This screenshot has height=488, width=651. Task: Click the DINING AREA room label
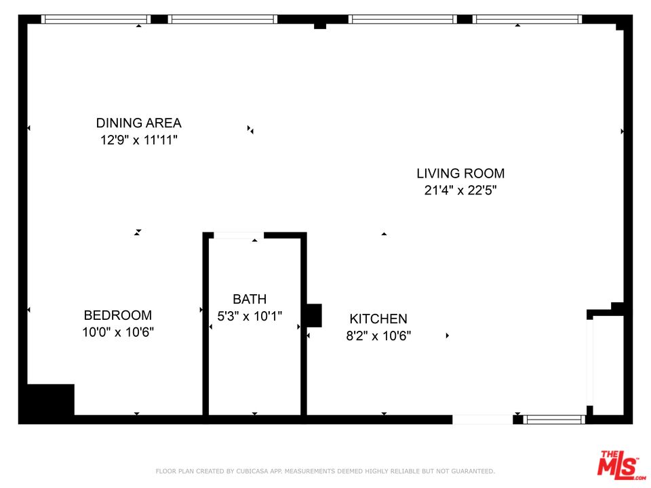pyautogui.click(x=138, y=123)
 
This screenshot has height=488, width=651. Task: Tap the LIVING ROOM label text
pyautogui.click(x=460, y=174)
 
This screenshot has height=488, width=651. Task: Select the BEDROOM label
pyautogui.click(x=117, y=315)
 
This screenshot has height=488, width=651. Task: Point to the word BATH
pyautogui.click(x=250, y=299)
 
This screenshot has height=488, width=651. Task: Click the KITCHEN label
pyautogui.click(x=378, y=319)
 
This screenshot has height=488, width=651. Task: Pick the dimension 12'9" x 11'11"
pyautogui.click(x=138, y=140)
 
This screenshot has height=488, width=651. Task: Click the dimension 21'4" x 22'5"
pyautogui.click(x=460, y=190)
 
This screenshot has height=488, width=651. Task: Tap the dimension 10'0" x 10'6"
pyautogui.click(x=119, y=332)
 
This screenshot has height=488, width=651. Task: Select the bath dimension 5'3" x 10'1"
pyautogui.click(x=250, y=316)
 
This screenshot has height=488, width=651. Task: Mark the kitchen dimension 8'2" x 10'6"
pyautogui.click(x=378, y=335)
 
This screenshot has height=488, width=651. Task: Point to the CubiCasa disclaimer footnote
pyautogui.click(x=325, y=470)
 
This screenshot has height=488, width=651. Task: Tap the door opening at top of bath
pyautogui.click(x=238, y=235)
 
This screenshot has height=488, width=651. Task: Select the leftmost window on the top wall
pyautogui.click(x=96, y=19)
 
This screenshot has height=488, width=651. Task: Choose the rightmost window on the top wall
pyautogui.click(x=528, y=19)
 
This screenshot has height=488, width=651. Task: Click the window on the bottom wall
pyautogui.click(x=555, y=420)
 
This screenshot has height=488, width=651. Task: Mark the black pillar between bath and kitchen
pyautogui.click(x=313, y=316)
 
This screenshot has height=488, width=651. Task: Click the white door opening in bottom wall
pyautogui.click(x=482, y=420)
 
